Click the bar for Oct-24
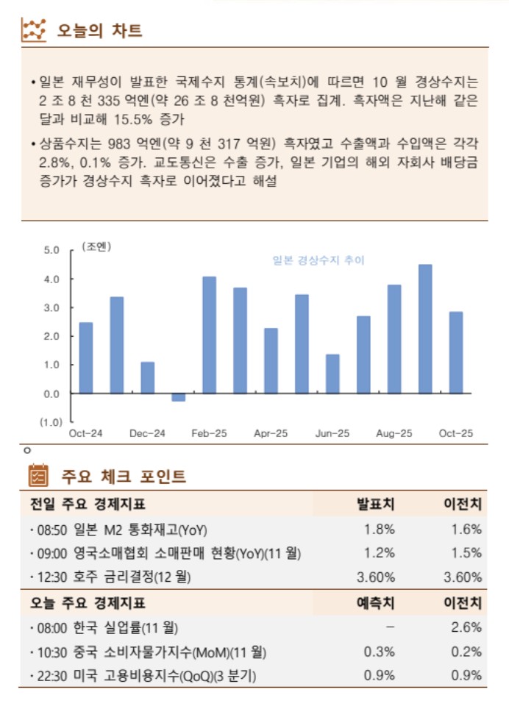86,357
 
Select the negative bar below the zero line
179,397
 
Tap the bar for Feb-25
210,335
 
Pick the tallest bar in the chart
425,329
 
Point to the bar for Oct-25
456,352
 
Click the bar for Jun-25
332,374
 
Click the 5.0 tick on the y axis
51,250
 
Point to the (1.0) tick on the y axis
51,422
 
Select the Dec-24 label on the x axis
147,434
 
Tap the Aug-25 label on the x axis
394,434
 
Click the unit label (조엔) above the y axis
96,246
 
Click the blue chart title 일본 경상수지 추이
318,260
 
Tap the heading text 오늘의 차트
99,31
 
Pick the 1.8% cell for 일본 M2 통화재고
380,529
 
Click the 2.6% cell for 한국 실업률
467,627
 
